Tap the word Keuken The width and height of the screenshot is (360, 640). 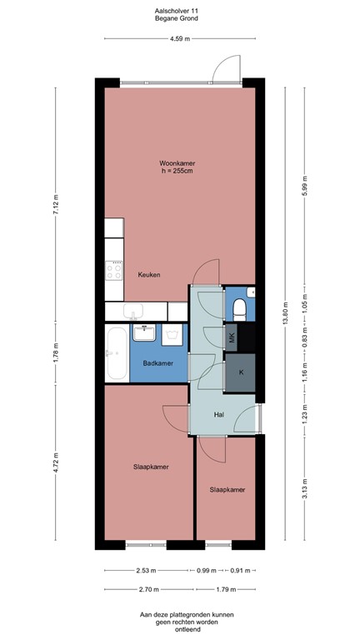(x=149, y=274)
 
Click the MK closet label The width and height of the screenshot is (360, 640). (x=232, y=337)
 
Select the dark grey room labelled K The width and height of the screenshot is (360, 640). (x=241, y=372)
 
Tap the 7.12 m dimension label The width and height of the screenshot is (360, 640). (x=56, y=205)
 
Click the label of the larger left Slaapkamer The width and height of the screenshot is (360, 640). (x=151, y=467)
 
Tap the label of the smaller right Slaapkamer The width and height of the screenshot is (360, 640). (x=227, y=490)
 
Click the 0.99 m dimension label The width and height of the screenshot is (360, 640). (x=206, y=571)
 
